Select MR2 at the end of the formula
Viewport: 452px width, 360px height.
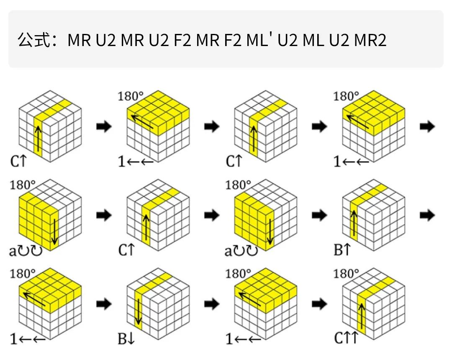tap(370, 40)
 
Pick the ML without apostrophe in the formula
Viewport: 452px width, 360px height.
tap(314, 40)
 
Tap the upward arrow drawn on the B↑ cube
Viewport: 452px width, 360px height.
tap(354, 223)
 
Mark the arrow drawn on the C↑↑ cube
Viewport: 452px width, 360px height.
tap(361, 315)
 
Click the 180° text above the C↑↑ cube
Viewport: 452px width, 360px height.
tap(346, 275)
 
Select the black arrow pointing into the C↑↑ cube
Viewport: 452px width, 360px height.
tap(320, 304)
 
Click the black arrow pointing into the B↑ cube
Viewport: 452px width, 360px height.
tap(320, 216)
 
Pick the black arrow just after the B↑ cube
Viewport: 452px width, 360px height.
tap(427, 216)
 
